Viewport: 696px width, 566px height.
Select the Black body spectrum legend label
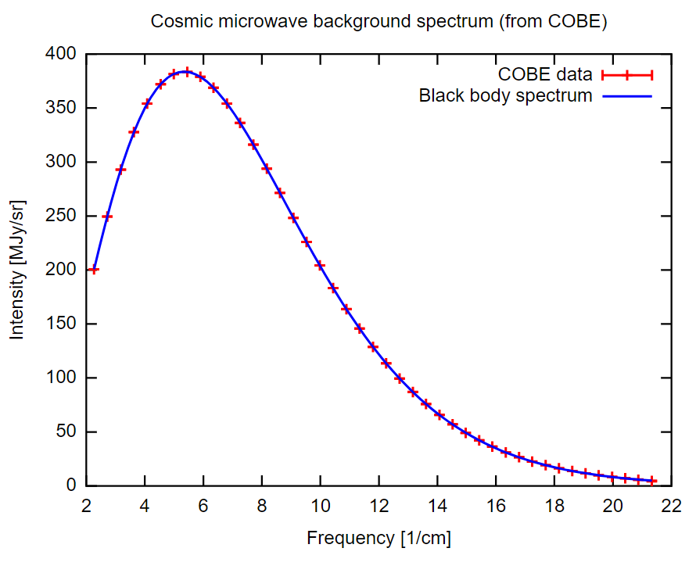[x=505, y=96]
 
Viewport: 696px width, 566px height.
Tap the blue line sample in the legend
[x=626, y=96]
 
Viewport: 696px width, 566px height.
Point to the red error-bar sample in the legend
[x=626, y=75]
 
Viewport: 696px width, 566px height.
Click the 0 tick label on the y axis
[x=71, y=485]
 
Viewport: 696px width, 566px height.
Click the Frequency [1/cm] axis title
[x=378, y=539]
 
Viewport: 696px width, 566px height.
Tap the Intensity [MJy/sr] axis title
[x=17, y=270]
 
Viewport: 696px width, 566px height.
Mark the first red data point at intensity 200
[x=94, y=270]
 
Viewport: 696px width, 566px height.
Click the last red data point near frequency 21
[x=652, y=481]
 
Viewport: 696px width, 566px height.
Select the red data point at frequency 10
[x=319, y=265]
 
